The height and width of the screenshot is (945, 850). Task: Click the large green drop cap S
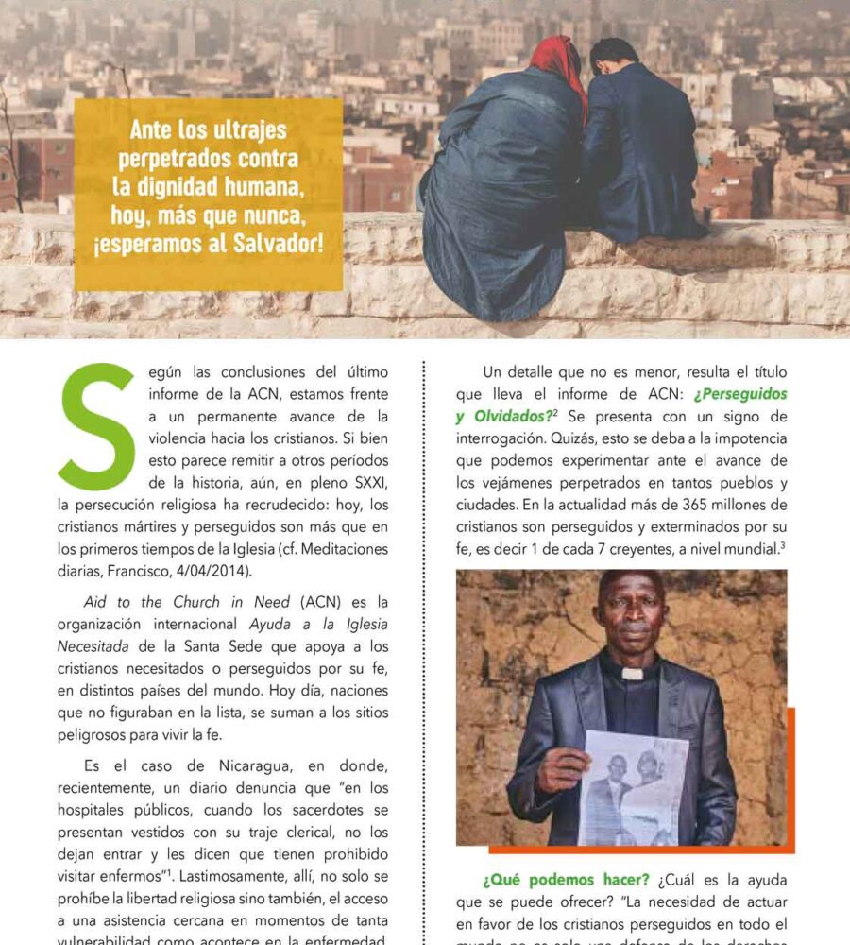point(96,424)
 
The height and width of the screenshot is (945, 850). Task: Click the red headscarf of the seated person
point(557,66)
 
